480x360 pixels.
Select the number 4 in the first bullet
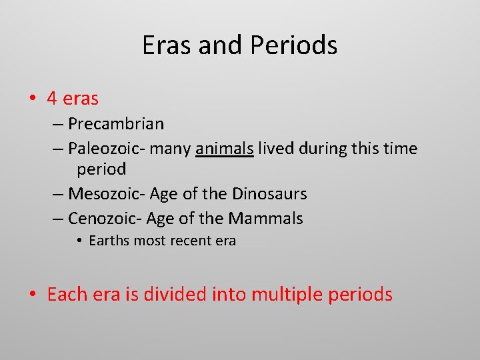(52, 99)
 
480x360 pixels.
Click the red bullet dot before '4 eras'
(33, 99)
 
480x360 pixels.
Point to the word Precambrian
(116, 124)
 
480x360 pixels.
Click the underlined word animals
(225, 148)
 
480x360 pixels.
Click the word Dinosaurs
(269, 194)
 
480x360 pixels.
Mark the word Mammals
(265, 218)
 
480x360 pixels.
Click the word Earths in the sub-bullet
(108, 241)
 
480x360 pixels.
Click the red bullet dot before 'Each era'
(33, 295)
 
